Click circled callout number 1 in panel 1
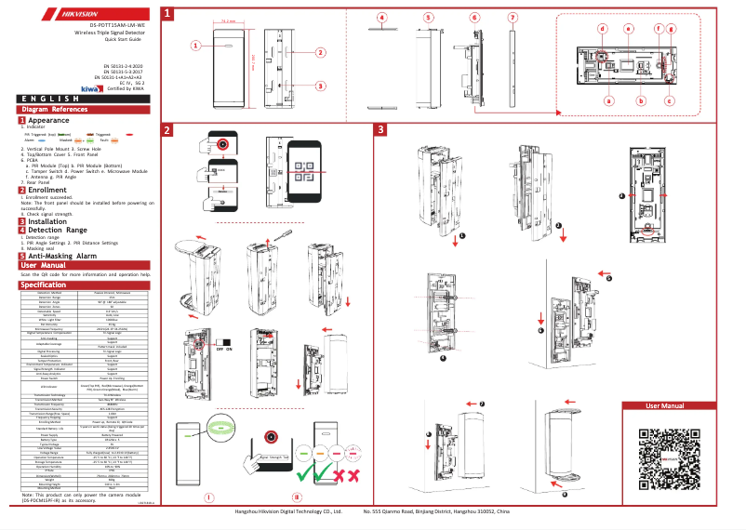click(196, 45)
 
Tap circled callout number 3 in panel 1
click(320, 86)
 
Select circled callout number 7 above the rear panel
click(513, 18)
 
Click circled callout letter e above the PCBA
click(628, 29)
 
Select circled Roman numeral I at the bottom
click(208, 497)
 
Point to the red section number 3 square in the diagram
click(380, 129)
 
